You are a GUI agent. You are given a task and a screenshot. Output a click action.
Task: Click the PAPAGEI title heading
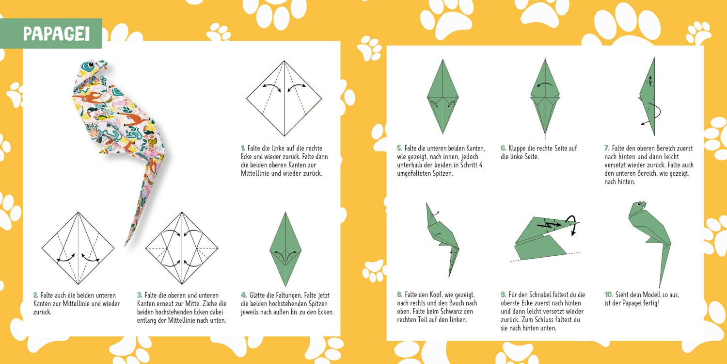pos(57,34)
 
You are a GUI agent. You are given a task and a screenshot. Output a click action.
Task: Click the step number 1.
pos(243,148)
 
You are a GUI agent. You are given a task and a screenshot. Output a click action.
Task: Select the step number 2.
pos(36,295)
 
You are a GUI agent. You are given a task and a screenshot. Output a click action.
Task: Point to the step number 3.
pos(140,295)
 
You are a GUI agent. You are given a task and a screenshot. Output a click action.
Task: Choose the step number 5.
pos(399,148)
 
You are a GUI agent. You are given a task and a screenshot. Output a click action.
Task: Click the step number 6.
pos(504,148)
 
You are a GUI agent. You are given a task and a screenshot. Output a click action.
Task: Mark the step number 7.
pos(607,148)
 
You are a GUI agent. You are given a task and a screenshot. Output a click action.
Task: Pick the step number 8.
pos(399,295)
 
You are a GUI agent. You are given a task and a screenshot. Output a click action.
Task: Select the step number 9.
pos(504,295)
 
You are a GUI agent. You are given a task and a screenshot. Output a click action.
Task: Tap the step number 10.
pos(609,295)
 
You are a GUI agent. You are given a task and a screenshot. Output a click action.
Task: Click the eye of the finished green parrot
pos(639,205)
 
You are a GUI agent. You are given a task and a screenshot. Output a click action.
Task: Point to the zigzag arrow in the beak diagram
pos(549,224)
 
